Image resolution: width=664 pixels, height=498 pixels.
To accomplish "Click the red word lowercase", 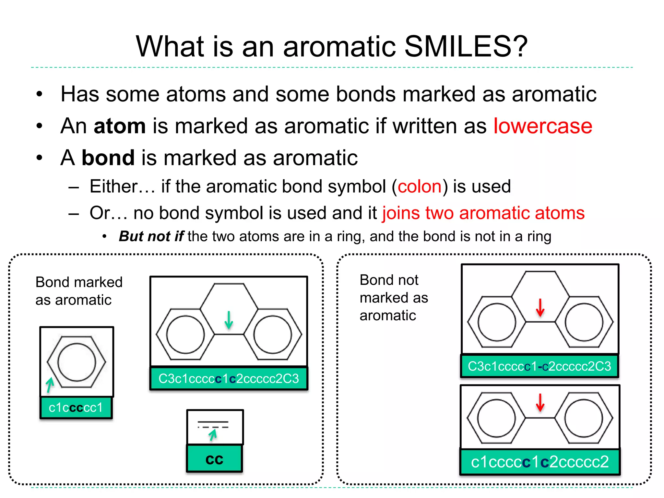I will tap(542, 126).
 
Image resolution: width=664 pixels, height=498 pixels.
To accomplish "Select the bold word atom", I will tap(119, 126).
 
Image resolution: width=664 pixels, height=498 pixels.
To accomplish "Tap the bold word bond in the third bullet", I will tap(108, 158).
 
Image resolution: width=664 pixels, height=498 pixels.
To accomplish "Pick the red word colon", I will tap(420, 186).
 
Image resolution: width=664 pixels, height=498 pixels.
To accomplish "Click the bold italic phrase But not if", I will tap(151, 236).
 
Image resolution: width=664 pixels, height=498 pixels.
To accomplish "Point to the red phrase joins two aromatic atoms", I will tap(483, 213).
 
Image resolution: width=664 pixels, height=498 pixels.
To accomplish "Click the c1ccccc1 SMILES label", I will tap(76, 408).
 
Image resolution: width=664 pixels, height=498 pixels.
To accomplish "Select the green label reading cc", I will tap(214, 459).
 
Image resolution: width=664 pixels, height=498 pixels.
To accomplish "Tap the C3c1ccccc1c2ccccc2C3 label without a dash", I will tap(229, 378).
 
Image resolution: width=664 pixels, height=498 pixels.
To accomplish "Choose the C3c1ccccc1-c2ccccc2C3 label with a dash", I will tap(539, 366).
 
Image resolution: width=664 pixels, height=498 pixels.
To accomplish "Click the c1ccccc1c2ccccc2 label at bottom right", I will tap(540, 462).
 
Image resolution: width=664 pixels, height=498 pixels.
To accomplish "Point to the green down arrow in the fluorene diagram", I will tap(229, 320).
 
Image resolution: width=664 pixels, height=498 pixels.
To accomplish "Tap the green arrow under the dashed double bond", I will tap(213, 435).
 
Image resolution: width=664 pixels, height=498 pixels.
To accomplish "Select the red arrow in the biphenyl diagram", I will tap(540, 403).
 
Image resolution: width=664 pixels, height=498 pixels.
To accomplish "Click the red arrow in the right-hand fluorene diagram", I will tap(540, 308).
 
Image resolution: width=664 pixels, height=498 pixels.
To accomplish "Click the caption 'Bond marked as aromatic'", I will tap(79, 291).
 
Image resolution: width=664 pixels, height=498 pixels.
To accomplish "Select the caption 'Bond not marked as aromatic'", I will tap(394, 298).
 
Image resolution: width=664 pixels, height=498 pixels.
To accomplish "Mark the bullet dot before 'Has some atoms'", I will tap(40, 94).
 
